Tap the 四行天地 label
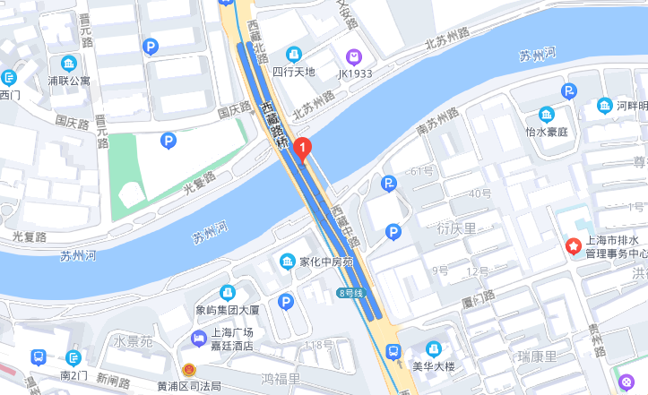[x=294, y=72]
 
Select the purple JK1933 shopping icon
[x=355, y=56]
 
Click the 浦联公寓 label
[x=69, y=80]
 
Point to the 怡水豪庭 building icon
[x=547, y=115]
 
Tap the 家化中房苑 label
[x=327, y=262]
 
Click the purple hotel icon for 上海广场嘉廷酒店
[x=198, y=338]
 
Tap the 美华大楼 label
[x=434, y=365]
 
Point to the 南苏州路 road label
[x=437, y=124]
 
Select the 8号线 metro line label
[x=353, y=293]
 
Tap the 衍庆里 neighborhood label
[x=456, y=228]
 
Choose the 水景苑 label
[x=134, y=341]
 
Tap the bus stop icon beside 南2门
[x=39, y=356]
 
